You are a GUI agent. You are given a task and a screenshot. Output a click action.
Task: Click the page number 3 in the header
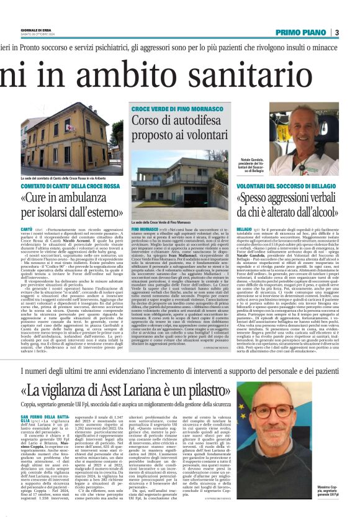click(336, 32)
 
